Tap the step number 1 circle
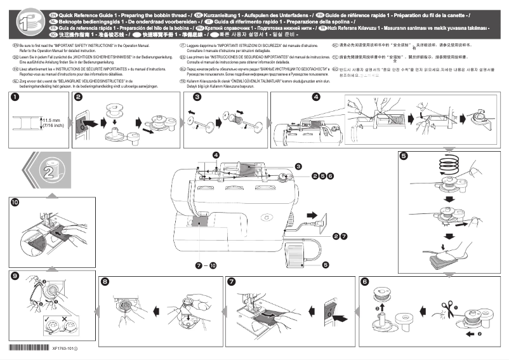14,97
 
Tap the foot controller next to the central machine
296,252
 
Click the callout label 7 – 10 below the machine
206,263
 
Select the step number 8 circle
105,281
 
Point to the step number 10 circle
14,201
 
